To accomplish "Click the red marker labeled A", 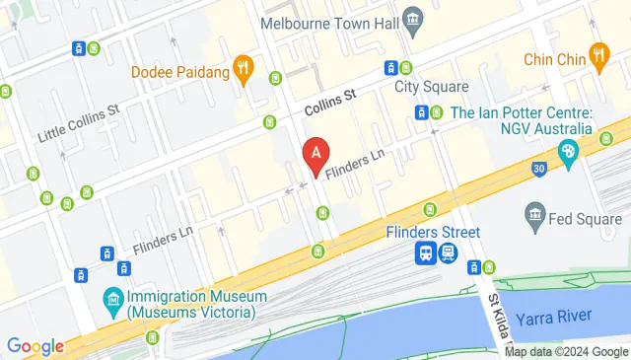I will pyautogui.click(x=315, y=155).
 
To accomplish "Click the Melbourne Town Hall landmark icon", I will pyautogui.click(x=414, y=20).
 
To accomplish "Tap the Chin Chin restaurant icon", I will pyautogui.click(x=597, y=55).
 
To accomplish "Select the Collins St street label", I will pyautogui.click(x=329, y=98).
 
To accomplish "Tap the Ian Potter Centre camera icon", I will pyautogui.click(x=568, y=152).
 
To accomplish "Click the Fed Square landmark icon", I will pyautogui.click(x=536, y=214).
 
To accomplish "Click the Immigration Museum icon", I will pyautogui.click(x=112, y=297).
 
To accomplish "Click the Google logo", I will pyautogui.click(x=35, y=346).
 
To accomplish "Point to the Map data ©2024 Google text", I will pyautogui.click(x=566, y=351).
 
